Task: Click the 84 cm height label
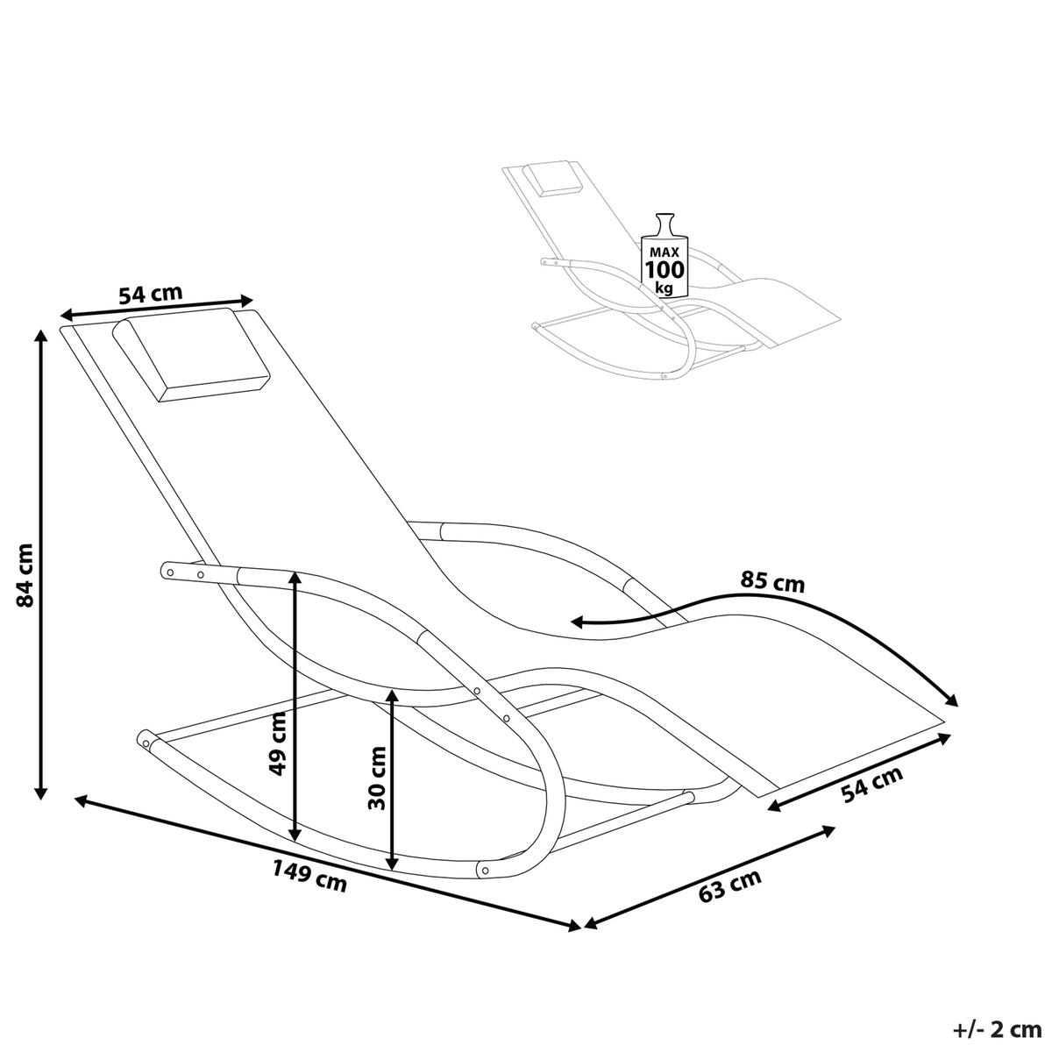point(25,575)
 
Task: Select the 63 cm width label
point(729,886)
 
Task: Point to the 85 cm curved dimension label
point(772,581)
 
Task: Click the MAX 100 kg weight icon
point(665,254)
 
